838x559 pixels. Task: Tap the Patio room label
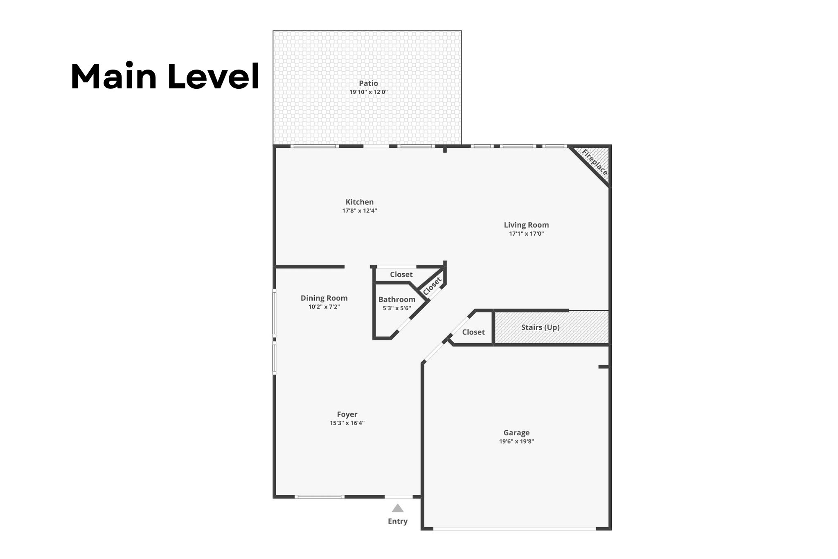pyautogui.click(x=368, y=83)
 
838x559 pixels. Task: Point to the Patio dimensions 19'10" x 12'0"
pyautogui.click(x=368, y=92)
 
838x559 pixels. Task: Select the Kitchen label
pyautogui.click(x=359, y=202)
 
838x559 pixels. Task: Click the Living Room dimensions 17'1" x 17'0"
pyautogui.click(x=526, y=234)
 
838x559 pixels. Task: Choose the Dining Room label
pyautogui.click(x=324, y=298)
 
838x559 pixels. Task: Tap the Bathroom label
pyautogui.click(x=396, y=300)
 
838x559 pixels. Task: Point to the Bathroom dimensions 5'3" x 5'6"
pyautogui.click(x=396, y=308)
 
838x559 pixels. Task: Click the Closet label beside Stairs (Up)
pyautogui.click(x=473, y=332)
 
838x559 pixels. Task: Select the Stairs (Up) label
pyautogui.click(x=540, y=327)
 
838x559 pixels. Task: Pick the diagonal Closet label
pyautogui.click(x=433, y=286)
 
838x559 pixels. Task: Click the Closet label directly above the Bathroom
pyautogui.click(x=401, y=275)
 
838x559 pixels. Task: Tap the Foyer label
pyautogui.click(x=347, y=415)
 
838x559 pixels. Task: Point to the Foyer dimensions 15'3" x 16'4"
pyautogui.click(x=347, y=423)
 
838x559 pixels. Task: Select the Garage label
pyautogui.click(x=516, y=433)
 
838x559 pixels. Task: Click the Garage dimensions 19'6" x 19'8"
pyautogui.click(x=516, y=442)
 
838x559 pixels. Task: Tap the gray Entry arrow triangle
pyautogui.click(x=398, y=509)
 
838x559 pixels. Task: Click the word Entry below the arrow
pyautogui.click(x=398, y=521)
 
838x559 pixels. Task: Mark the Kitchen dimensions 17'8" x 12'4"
pyautogui.click(x=359, y=211)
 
